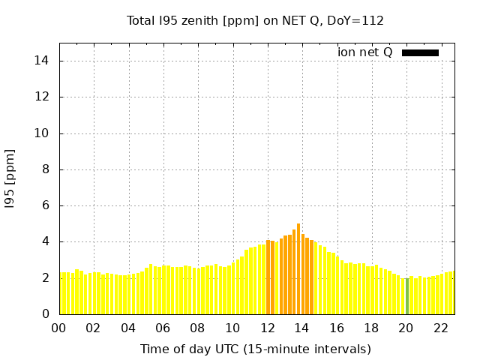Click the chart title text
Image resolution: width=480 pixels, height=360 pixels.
pos(255,20)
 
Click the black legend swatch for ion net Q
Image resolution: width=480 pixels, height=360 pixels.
pos(420,52)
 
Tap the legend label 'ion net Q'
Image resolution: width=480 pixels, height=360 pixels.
pos(364,52)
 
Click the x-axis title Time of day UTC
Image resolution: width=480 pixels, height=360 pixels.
pos(255,349)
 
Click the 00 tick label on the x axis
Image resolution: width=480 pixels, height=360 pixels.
pos(58,328)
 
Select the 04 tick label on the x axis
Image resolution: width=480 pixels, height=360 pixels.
pos(128,328)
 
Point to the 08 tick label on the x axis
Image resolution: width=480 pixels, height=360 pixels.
pos(197,328)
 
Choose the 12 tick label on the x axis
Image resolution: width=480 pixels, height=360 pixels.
pos(267,328)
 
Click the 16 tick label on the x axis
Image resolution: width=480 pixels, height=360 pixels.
pos(337,328)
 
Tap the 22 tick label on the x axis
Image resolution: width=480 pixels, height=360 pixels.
pos(441,328)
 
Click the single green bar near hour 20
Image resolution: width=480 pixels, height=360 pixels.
pos(406,296)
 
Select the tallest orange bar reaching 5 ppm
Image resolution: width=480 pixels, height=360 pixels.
pos(298,268)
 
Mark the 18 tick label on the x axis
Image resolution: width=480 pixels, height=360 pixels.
pos(371,328)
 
